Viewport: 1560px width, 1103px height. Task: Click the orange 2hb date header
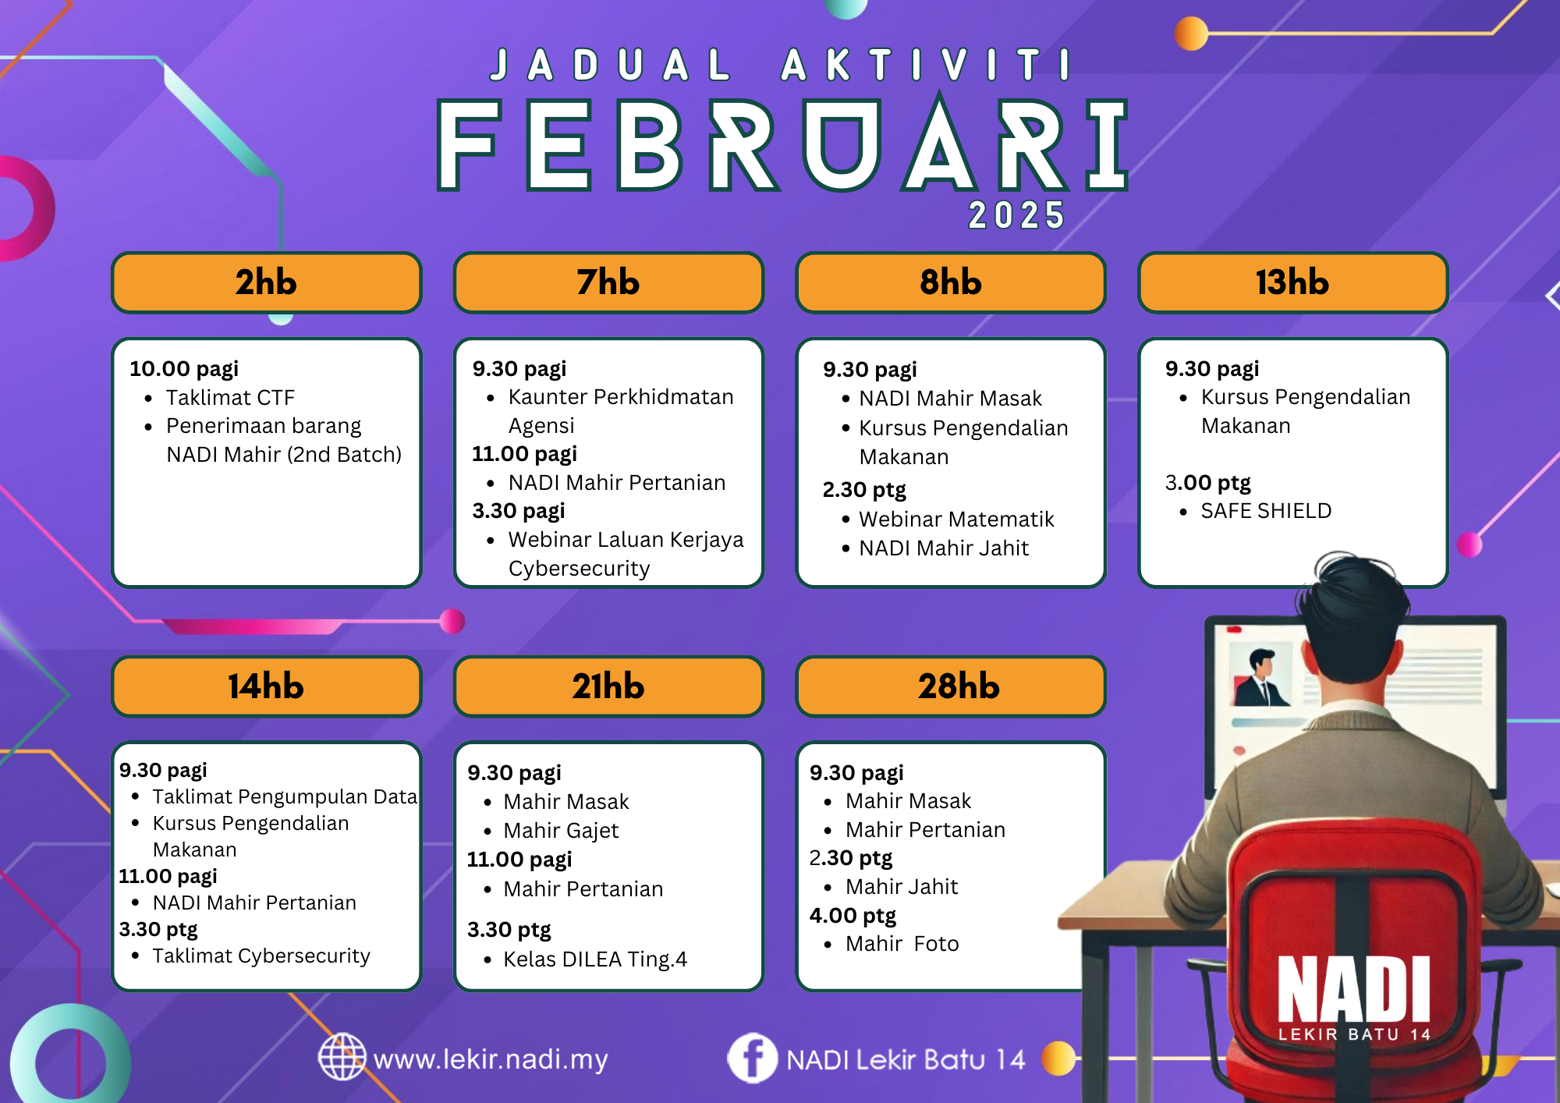click(266, 282)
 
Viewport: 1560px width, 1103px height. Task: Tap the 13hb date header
click(1292, 282)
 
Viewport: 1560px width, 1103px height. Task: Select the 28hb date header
click(951, 686)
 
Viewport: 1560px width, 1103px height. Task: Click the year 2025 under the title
click(1016, 215)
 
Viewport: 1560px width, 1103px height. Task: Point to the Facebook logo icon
click(752, 1059)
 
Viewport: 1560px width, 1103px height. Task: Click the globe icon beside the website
click(342, 1057)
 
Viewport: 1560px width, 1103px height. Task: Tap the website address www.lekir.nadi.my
click(491, 1059)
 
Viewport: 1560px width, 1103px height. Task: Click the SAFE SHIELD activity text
click(1266, 511)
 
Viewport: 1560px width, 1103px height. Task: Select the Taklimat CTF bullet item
click(230, 398)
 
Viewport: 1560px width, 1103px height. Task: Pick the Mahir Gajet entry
click(561, 831)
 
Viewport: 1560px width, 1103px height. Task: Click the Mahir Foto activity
click(902, 944)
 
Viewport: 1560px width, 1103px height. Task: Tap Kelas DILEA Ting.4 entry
click(595, 959)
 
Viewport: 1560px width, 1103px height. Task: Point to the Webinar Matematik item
click(956, 520)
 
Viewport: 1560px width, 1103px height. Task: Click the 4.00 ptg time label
click(853, 916)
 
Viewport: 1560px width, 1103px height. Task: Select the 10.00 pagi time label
click(184, 369)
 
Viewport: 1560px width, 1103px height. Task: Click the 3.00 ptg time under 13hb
click(1207, 483)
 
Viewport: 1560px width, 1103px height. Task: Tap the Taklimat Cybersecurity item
click(261, 956)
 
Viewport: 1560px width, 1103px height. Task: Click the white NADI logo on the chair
click(1354, 998)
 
